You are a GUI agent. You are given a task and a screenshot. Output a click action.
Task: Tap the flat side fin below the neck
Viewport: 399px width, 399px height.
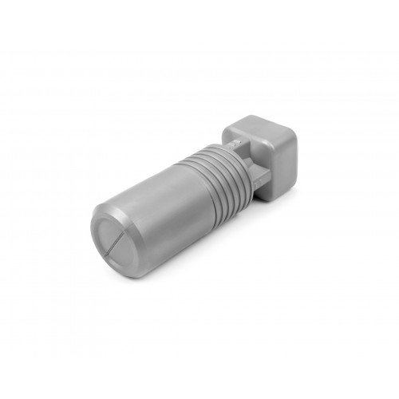254,177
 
